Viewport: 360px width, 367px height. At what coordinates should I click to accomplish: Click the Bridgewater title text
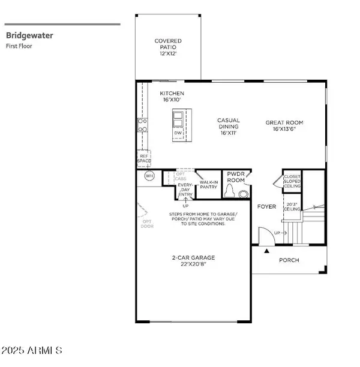pos(29,35)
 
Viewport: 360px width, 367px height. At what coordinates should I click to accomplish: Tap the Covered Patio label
pos(168,47)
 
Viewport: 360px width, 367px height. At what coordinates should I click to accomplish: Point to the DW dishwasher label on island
pos(178,133)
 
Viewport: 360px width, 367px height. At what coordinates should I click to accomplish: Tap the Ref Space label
pos(143,158)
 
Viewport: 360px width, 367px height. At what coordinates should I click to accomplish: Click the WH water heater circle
pos(149,176)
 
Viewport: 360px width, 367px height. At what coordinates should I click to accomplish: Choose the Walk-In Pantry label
pos(208,185)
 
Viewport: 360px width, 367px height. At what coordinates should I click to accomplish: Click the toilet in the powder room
pos(243,194)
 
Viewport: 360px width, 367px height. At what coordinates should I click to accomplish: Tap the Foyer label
pos(266,207)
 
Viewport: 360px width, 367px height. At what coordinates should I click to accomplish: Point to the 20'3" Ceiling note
pos(292,207)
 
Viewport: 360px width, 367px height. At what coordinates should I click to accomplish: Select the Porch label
pos(289,260)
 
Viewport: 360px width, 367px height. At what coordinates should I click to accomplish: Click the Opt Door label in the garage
pos(147,224)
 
